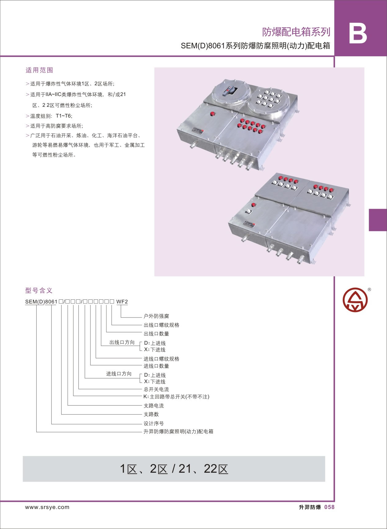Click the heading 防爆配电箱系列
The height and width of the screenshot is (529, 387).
click(296, 32)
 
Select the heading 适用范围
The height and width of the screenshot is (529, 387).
click(39, 70)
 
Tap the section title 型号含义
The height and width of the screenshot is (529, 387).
click(39, 290)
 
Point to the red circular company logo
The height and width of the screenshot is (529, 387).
click(355, 299)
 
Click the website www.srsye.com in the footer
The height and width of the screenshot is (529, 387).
click(47, 507)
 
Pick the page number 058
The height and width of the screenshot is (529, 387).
click(329, 507)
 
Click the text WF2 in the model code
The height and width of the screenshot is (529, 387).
click(122, 302)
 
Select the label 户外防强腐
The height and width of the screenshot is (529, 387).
click(156, 316)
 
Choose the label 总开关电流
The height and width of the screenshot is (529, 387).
click(156, 389)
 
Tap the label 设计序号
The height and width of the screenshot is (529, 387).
click(154, 423)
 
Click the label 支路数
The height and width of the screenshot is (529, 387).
click(151, 414)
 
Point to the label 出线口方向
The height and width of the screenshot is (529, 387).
click(122, 342)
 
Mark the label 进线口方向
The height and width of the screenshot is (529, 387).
click(119, 374)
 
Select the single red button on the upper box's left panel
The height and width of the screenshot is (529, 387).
click(212, 114)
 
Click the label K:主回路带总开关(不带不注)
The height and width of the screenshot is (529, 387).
click(176, 397)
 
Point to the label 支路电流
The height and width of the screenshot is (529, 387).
click(154, 406)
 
